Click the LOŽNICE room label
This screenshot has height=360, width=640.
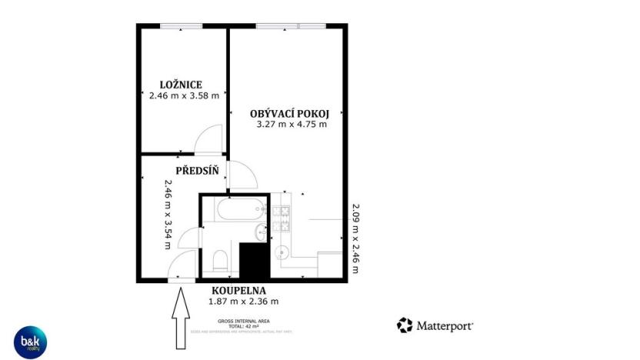pos(181,84)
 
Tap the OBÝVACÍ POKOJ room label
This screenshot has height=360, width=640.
pos(284,112)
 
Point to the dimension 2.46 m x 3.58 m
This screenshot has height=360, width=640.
pos(184,96)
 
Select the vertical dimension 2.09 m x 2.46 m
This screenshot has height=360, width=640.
pos(355,238)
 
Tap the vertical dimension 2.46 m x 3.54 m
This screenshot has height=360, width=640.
pos(167,215)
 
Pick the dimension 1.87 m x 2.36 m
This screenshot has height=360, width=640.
pos(242,302)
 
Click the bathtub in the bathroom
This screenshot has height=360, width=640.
pos(238,210)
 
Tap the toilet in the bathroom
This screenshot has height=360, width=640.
pos(219,260)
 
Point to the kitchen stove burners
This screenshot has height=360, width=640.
pos(283,218)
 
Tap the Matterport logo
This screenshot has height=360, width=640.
pos(435,325)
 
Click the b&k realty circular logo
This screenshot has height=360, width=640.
pos(29,342)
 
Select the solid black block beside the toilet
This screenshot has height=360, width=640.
pos(255,259)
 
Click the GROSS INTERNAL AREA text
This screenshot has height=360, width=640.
pos(242,321)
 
